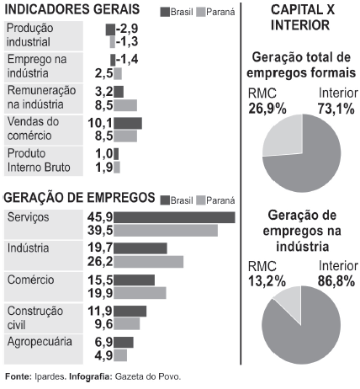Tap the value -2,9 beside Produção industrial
point(127,28)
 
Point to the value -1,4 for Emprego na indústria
point(126,59)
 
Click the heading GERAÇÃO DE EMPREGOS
point(80,198)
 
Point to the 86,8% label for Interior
point(336,281)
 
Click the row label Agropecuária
point(40,342)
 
